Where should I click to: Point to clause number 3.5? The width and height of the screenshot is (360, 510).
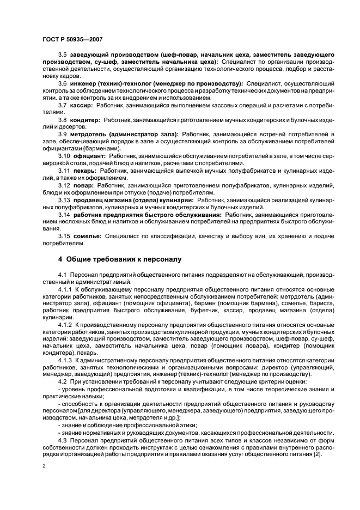point(63,56)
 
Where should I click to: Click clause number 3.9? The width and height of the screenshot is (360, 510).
point(63,133)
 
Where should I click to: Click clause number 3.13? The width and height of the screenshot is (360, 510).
point(64,201)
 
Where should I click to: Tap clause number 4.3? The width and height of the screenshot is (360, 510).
point(63,440)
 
